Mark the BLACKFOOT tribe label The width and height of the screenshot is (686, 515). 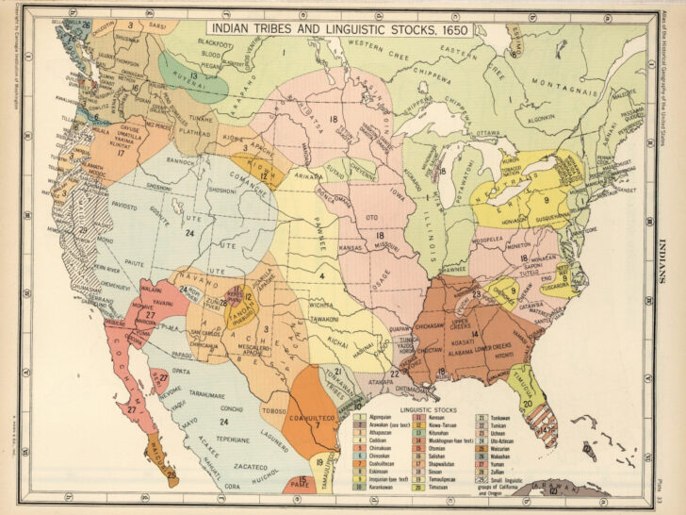pos(217,43)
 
